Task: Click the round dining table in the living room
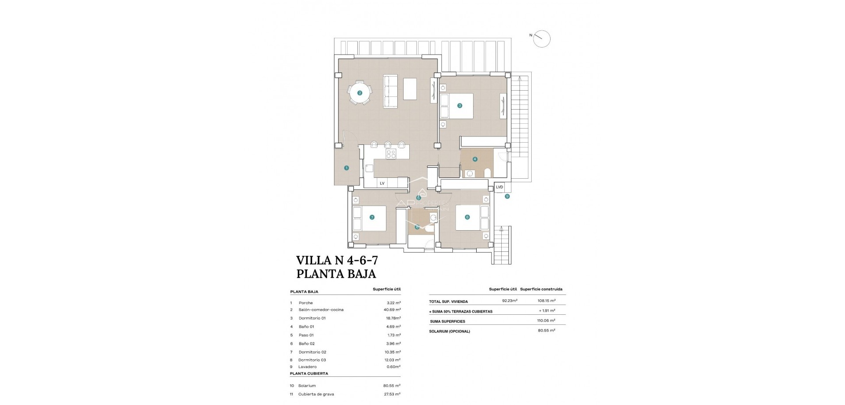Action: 360,93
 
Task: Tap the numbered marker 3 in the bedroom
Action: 459,106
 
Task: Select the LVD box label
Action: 499,187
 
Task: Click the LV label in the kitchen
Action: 382,183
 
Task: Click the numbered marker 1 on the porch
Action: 346,168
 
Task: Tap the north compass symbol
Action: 541,39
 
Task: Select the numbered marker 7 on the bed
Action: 372,217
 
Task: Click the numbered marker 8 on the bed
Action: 467,217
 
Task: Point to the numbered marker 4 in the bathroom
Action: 475,159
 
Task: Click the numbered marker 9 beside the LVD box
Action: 507,196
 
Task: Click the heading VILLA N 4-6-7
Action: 337,259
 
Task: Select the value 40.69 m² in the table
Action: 392,310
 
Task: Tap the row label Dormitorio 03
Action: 312,360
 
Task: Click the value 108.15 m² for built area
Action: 546,301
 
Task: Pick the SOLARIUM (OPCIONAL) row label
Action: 449,331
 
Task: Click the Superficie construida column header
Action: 541,289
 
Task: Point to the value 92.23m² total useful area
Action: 510,301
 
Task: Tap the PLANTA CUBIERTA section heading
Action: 309,374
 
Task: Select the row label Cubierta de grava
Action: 312,394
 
